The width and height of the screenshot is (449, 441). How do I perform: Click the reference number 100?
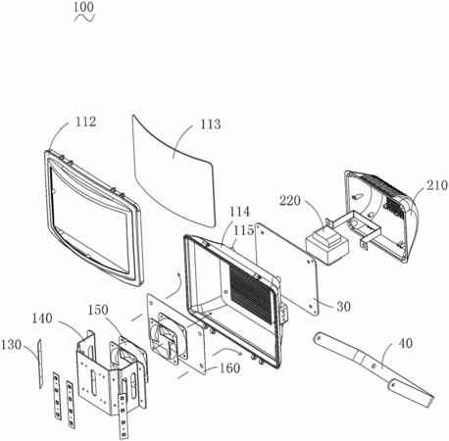pyautogui.click(x=83, y=7)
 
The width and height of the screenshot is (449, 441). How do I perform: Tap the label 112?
pyautogui.click(x=86, y=122)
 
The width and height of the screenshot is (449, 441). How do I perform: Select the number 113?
pyautogui.click(x=211, y=124)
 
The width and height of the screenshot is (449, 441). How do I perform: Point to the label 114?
pyautogui.click(x=239, y=212)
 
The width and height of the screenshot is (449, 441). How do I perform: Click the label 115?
pyautogui.click(x=244, y=230)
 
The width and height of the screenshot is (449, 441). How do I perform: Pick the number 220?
pyautogui.click(x=289, y=201)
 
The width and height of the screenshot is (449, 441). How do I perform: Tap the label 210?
pyautogui.click(x=436, y=185)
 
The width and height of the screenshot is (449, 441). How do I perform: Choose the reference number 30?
pyautogui.click(x=343, y=307)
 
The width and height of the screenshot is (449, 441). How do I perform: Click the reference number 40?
pyautogui.click(x=406, y=343)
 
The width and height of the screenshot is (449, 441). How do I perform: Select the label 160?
pyautogui.click(x=229, y=368)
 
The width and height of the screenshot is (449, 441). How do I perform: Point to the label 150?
pyautogui.click(x=97, y=310)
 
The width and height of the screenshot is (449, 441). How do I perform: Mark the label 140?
pyautogui.click(x=42, y=318)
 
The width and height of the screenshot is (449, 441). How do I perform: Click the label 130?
pyautogui.click(x=11, y=345)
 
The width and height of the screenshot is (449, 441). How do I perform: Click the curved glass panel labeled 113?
pyautogui.click(x=174, y=170)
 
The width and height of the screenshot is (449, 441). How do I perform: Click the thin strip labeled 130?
pyautogui.click(x=40, y=364)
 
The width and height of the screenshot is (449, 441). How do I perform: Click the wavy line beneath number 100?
pyautogui.click(x=84, y=18)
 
